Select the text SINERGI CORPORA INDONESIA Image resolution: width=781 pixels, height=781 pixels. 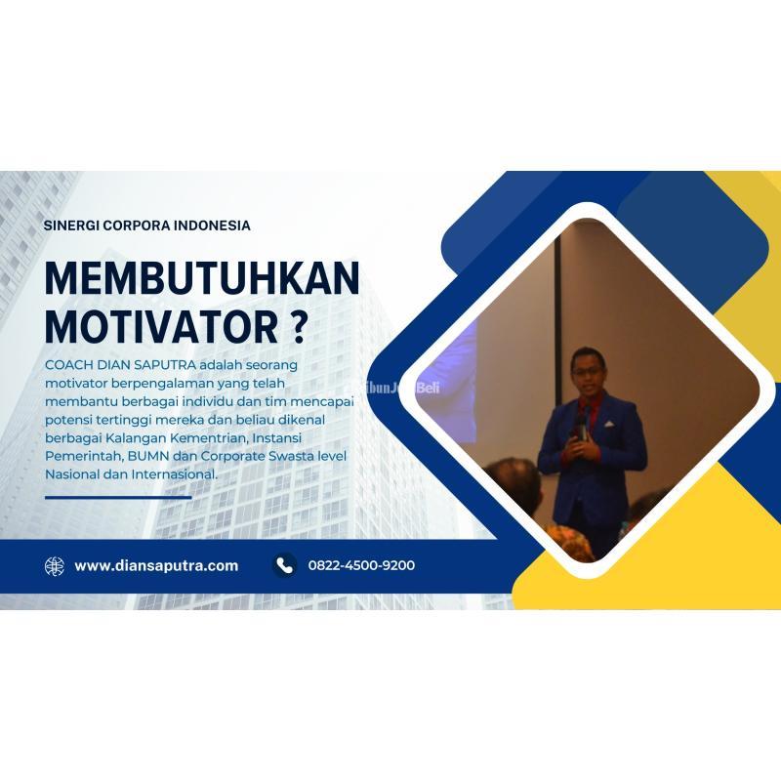(x=147, y=225)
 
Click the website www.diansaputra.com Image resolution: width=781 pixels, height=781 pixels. (x=156, y=565)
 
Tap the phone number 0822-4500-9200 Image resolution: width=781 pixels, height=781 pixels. (x=361, y=565)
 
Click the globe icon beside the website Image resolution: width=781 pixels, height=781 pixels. (x=55, y=565)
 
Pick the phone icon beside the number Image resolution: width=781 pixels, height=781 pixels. (x=284, y=565)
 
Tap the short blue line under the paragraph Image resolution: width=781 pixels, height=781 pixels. (x=118, y=497)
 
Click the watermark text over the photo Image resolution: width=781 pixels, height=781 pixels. (x=399, y=387)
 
